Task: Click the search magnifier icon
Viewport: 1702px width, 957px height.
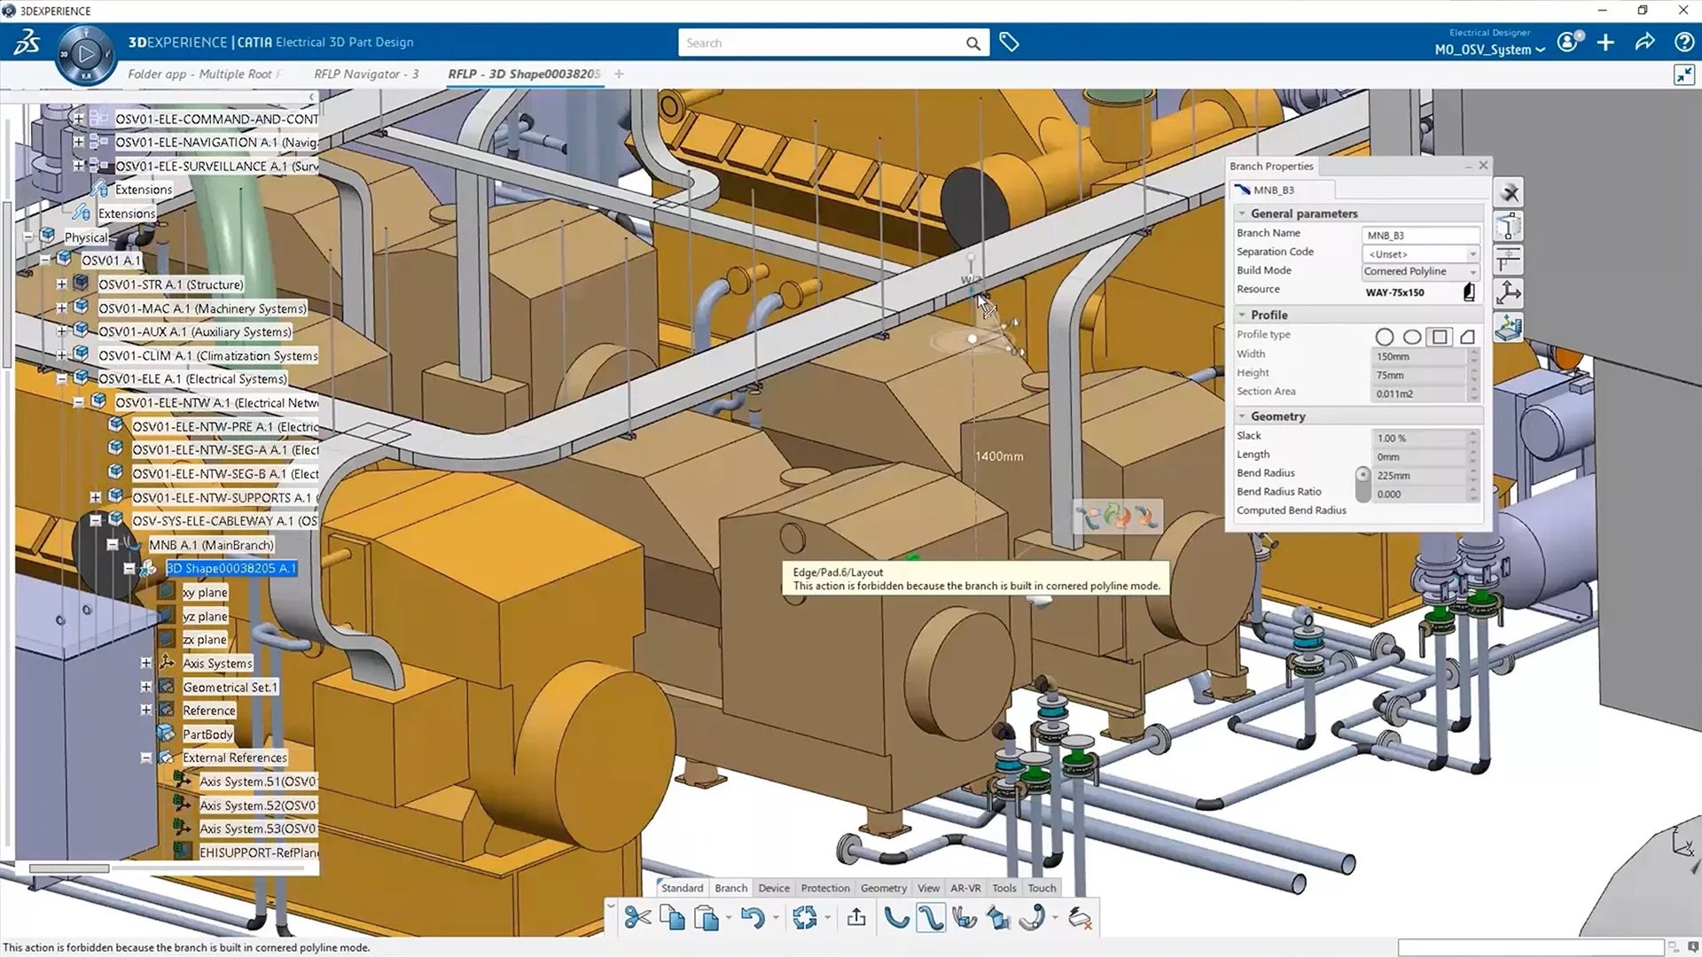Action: point(972,43)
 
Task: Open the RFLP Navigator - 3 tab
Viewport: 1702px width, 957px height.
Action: point(366,74)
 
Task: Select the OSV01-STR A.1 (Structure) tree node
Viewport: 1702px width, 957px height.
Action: point(170,284)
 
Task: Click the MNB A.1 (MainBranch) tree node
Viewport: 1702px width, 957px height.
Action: point(211,545)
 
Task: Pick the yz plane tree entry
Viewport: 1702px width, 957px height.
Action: point(205,616)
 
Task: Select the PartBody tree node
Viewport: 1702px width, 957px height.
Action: point(207,734)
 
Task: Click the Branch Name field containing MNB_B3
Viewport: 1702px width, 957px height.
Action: point(1419,235)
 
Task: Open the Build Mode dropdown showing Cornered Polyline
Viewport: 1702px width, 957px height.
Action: point(1419,271)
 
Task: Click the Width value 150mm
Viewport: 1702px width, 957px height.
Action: point(1417,356)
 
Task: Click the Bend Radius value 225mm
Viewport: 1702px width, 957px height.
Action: point(1417,476)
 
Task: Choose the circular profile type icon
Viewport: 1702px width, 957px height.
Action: point(1384,337)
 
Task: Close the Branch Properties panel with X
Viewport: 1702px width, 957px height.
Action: point(1483,166)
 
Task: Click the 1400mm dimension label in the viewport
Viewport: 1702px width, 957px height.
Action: point(999,456)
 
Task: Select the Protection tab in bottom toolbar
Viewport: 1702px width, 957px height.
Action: point(824,888)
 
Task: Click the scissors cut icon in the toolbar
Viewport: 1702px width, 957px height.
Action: point(636,918)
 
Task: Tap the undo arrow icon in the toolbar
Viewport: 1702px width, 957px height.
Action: point(752,918)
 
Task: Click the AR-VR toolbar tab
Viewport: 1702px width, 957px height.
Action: point(965,888)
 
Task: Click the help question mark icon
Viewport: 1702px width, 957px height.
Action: point(1683,43)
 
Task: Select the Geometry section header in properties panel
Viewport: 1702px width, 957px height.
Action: point(1277,416)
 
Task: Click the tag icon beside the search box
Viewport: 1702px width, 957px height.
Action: point(1009,43)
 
